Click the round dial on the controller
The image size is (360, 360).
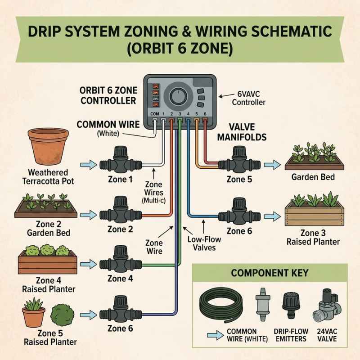[x=178, y=96]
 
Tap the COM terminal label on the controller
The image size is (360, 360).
[x=154, y=114]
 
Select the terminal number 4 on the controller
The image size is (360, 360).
[x=188, y=114]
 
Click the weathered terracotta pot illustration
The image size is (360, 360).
[x=48, y=146]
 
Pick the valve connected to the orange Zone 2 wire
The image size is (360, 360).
[x=121, y=210]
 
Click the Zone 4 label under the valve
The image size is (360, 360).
[x=120, y=279]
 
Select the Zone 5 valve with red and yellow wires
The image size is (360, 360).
[x=239, y=160]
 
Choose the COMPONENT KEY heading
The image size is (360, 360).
[x=270, y=273]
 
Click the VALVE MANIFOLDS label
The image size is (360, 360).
[x=242, y=132]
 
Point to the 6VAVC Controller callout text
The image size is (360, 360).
[x=248, y=98]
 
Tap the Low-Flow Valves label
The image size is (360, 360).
[x=204, y=243]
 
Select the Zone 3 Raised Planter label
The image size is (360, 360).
[x=313, y=238]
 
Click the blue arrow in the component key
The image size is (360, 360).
[x=215, y=335]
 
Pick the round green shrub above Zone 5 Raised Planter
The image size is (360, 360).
[x=62, y=315]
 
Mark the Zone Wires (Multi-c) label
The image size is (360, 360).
[x=154, y=193]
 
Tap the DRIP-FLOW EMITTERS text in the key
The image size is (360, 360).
[x=291, y=335]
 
